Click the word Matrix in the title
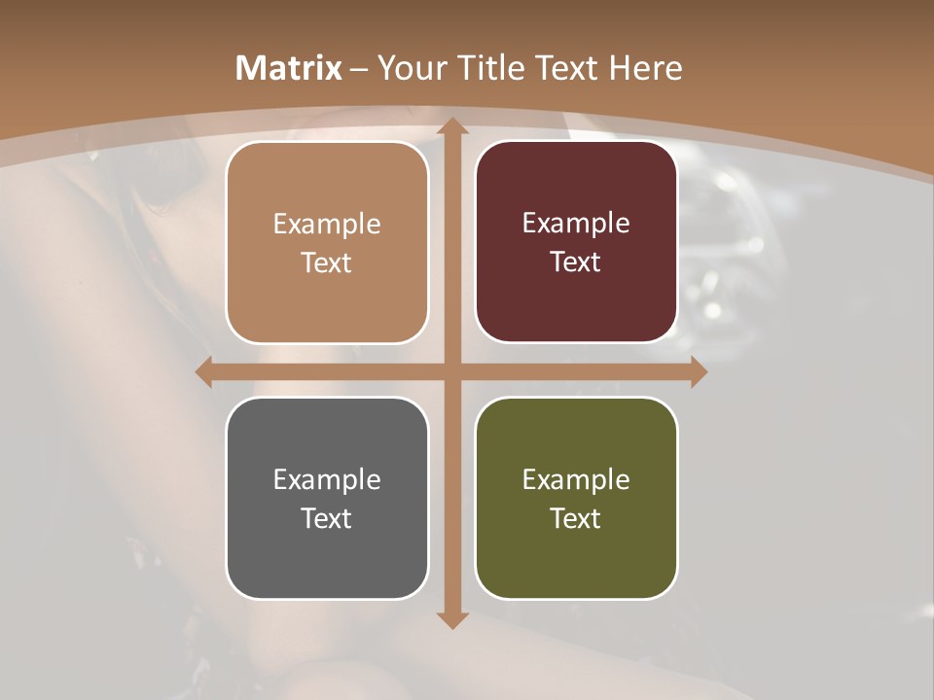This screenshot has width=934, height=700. point(289,68)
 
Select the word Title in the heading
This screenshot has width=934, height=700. point(489,68)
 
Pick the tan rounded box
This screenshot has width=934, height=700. point(327,243)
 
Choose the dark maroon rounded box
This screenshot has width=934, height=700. point(576,242)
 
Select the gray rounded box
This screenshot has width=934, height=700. point(327,498)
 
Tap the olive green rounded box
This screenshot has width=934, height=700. point(576,498)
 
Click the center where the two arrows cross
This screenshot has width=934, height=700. point(451,371)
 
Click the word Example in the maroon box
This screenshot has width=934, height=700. point(576,223)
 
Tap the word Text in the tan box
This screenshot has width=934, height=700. point(327,263)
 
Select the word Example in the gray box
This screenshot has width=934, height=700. point(327,479)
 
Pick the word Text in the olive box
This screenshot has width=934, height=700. point(576,518)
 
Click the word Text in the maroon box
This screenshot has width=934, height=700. point(576,262)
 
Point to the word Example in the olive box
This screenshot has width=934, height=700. point(576,479)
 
